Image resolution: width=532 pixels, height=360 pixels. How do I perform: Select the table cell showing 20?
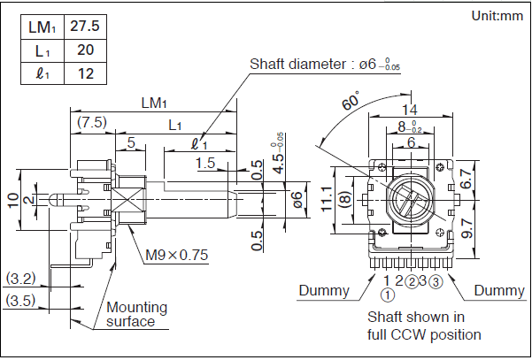(85, 50)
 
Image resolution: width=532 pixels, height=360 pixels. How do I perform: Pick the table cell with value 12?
(85, 73)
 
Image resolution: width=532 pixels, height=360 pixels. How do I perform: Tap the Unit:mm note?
(497, 15)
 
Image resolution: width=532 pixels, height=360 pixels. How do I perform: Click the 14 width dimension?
(408, 110)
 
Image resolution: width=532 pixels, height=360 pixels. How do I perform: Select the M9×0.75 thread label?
(176, 256)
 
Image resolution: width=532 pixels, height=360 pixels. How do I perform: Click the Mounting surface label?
(136, 314)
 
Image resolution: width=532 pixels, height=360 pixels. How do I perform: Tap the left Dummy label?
(324, 290)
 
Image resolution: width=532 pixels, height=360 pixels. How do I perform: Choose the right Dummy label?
(499, 290)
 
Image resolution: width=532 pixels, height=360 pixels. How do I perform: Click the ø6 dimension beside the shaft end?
(297, 199)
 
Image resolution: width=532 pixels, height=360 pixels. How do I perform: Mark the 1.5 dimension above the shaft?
(206, 163)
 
